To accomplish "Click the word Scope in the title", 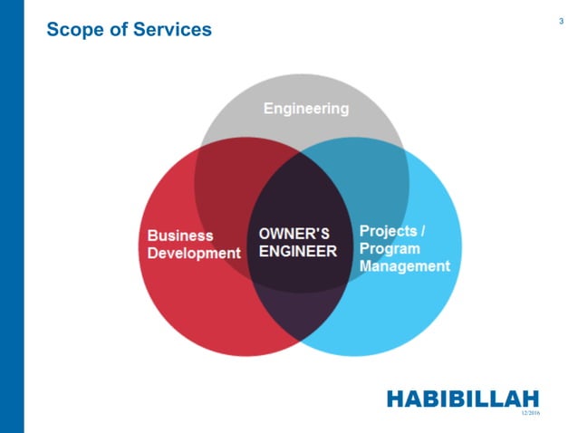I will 73,30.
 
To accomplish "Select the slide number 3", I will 562,20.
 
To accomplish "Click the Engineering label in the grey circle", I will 305,109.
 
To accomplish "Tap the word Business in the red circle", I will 180,236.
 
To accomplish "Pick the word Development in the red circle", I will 194,253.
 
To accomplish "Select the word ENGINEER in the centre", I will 297,252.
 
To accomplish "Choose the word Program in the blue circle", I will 390,248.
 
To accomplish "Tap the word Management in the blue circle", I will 404,266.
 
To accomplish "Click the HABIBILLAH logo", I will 462,399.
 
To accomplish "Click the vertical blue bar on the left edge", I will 11,216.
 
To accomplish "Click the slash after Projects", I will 423,231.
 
